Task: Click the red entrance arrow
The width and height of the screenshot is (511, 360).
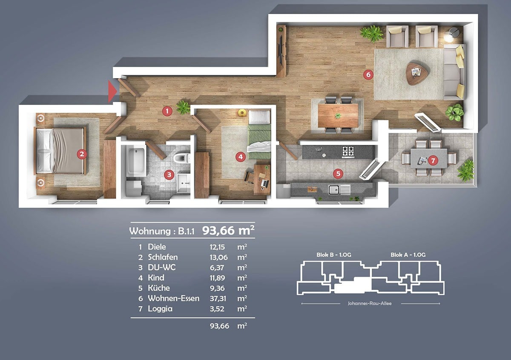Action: click(x=112, y=91)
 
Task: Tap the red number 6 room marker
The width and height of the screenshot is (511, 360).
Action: click(x=368, y=74)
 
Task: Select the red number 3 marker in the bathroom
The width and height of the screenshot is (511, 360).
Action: click(x=169, y=175)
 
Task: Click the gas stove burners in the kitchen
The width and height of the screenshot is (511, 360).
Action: click(x=348, y=152)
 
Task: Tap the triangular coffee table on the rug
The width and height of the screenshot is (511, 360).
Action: click(x=417, y=74)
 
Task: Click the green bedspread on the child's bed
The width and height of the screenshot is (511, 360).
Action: click(x=259, y=141)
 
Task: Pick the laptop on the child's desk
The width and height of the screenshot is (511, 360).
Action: click(x=264, y=183)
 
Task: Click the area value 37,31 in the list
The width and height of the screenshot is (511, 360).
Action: click(x=217, y=298)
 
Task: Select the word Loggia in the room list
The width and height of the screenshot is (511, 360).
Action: click(x=160, y=309)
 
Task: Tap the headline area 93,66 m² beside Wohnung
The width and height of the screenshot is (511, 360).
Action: click(x=228, y=230)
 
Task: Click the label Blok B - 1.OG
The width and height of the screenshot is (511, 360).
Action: click(x=334, y=254)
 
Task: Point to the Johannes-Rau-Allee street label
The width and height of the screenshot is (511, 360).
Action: click(x=370, y=303)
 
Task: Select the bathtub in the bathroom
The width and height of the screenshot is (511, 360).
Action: click(x=136, y=161)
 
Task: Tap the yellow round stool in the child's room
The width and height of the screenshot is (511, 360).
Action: click(x=242, y=113)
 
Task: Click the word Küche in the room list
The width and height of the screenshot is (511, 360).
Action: click(x=159, y=288)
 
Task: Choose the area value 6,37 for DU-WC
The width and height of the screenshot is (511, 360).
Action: click(x=217, y=268)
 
